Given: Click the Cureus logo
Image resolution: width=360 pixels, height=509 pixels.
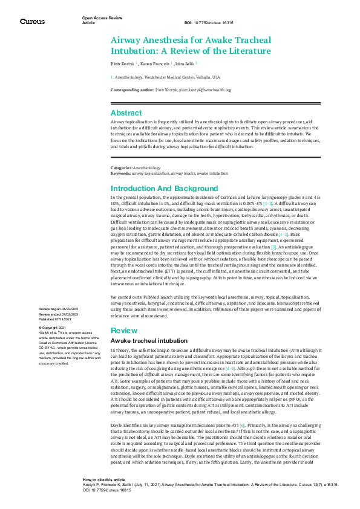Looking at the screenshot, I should point(31,21).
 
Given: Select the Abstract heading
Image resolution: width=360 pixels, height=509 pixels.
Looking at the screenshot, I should point(126,112).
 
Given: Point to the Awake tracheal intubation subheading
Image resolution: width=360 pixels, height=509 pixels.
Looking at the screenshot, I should point(143,342).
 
